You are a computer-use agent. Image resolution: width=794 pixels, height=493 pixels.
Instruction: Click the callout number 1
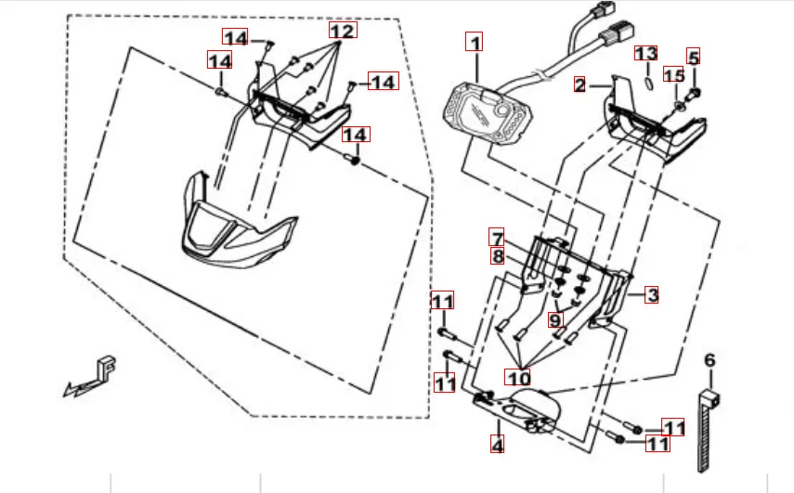click(x=475, y=43)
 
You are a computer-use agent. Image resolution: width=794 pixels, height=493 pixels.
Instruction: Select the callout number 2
click(x=579, y=85)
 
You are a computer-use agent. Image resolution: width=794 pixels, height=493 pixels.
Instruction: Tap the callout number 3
click(x=652, y=295)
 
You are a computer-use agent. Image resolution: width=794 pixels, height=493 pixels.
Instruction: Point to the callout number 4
click(x=498, y=445)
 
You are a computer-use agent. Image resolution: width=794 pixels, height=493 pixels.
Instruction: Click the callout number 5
click(x=694, y=57)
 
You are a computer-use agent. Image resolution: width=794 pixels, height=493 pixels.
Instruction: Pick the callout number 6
click(x=709, y=360)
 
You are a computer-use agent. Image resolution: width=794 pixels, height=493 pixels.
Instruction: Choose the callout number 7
click(x=498, y=238)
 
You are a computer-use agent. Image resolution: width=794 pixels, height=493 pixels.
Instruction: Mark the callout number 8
click(x=498, y=256)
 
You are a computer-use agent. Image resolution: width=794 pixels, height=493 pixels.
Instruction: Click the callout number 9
click(x=555, y=320)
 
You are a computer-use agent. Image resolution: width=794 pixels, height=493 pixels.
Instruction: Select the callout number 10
click(x=517, y=377)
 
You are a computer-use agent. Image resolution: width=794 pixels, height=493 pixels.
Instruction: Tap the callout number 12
click(x=342, y=30)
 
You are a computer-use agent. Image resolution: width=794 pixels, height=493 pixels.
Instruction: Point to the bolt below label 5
click(x=696, y=92)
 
